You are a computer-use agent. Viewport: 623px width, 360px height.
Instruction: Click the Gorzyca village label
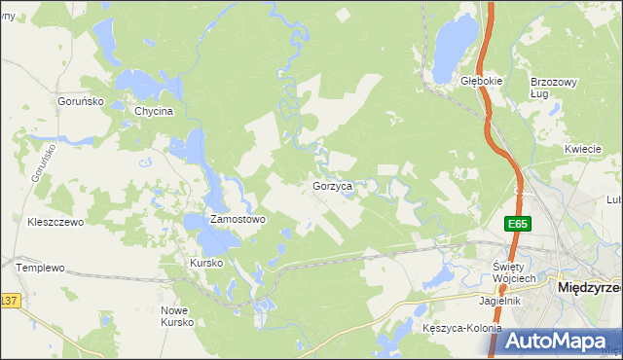[339, 185]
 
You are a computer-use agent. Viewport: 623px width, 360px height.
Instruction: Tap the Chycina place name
[154, 111]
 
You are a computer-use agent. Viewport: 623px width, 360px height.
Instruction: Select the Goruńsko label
[79, 99]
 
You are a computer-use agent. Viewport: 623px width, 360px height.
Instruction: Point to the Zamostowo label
[238, 220]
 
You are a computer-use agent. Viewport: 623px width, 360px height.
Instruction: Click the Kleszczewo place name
[56, 222]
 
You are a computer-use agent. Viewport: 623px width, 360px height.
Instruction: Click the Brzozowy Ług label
[549, 88]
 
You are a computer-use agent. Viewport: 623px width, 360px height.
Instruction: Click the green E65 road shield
[518, 225]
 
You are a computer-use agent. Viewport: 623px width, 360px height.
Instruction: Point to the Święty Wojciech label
[515, 272]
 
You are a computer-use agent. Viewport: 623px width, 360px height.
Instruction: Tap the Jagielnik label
[499, 301]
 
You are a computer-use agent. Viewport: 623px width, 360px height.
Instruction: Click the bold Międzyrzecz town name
[588, 288]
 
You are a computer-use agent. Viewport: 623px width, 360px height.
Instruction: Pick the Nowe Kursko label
[177, 316]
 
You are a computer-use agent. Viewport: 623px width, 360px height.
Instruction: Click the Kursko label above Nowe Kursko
[206, 264]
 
